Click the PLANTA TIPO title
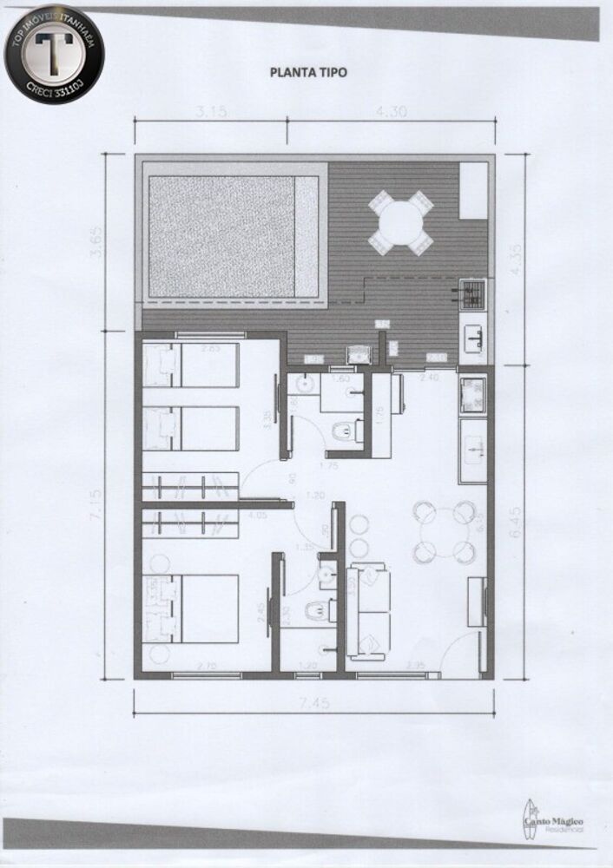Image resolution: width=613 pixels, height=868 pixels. point(308,73)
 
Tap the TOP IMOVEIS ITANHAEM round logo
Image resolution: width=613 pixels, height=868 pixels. point(54,54)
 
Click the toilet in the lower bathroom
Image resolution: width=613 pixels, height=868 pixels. point(316,611)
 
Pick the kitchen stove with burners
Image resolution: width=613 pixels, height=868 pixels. point(472,396)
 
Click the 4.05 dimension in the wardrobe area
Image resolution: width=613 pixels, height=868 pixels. point(257,516)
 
